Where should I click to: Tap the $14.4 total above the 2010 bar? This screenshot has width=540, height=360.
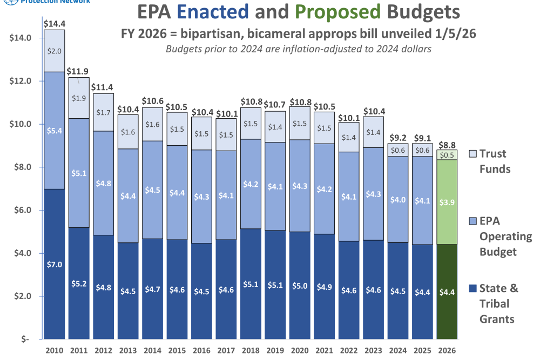point(54,24)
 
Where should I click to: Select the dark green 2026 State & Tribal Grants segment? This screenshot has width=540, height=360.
point(447,291)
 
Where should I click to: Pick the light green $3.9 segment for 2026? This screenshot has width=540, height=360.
point(447,202)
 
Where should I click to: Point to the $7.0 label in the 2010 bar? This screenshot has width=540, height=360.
point(54,264)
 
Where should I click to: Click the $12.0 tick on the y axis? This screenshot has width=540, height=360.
point(21,81)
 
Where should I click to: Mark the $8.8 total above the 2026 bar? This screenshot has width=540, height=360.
point(447,144)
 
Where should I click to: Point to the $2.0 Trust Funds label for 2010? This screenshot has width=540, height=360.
point(54,50)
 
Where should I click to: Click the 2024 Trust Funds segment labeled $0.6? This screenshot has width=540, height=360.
point(397,150)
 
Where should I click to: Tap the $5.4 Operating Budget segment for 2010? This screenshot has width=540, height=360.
point(54,130)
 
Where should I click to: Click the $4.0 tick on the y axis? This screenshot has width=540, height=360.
point(21,253)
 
